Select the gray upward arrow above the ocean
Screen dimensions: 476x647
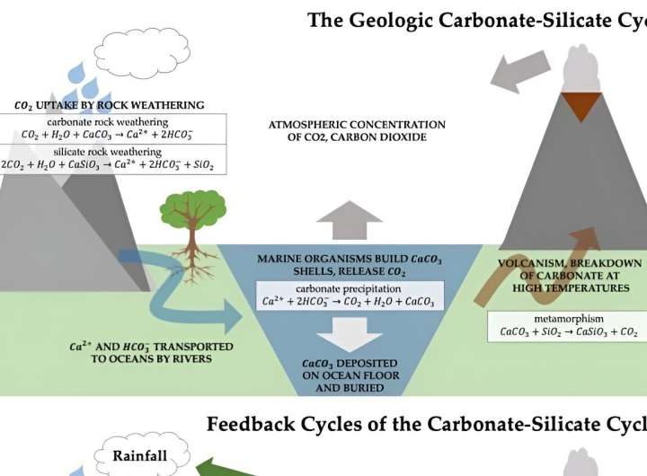pos(350,220)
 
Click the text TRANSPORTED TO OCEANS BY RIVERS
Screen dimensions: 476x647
pos(151,352)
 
